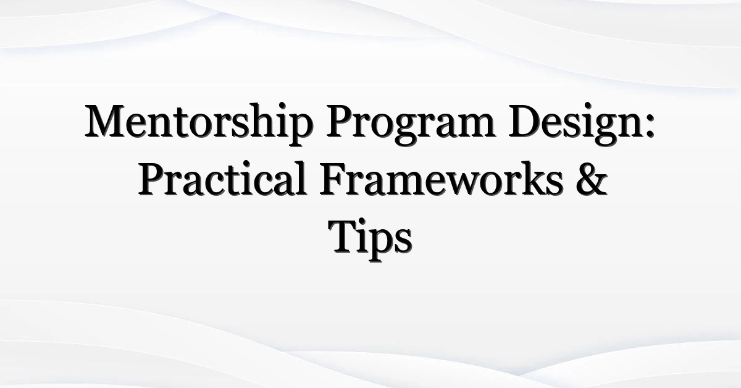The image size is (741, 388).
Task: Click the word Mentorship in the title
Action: pyautogui.click(x=198, y=124)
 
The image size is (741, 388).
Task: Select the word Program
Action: pyautogui.click(x=411, y=124)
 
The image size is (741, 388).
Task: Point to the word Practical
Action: pyautogui.click(x=222, y=179)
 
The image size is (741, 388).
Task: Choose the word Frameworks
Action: pyautogui.click(x=442, y=179)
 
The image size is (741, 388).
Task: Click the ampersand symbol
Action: pyautogui.click(x=592, y=179)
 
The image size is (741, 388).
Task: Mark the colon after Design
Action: pyautogui.click(x=650, y=125)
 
